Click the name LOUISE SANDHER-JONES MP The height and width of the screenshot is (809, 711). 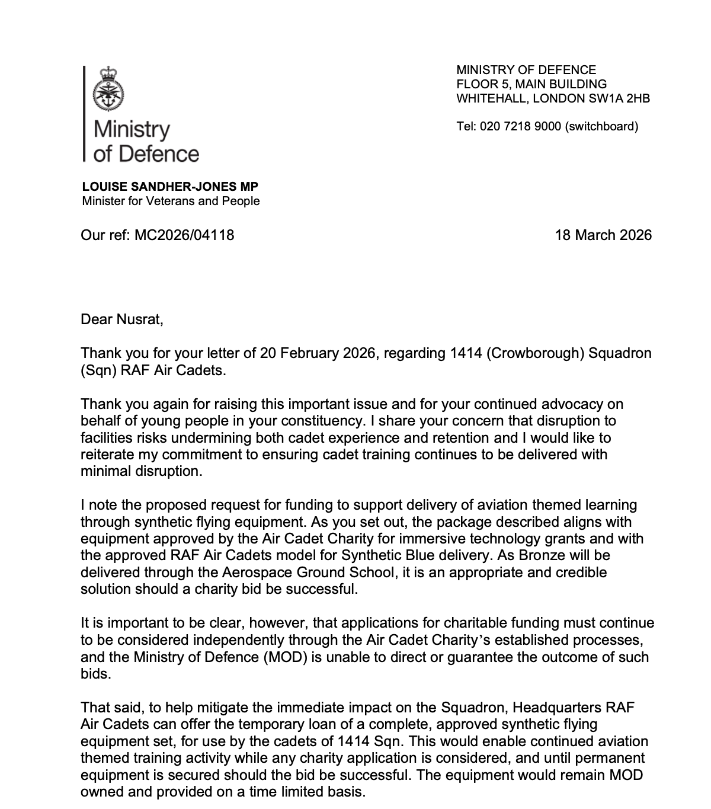[x=171, y=187]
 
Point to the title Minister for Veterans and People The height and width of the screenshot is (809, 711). [x=171, y=201]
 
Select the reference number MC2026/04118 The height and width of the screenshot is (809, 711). [x=184, y=235]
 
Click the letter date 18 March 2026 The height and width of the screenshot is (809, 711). [x=603, y=235]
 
